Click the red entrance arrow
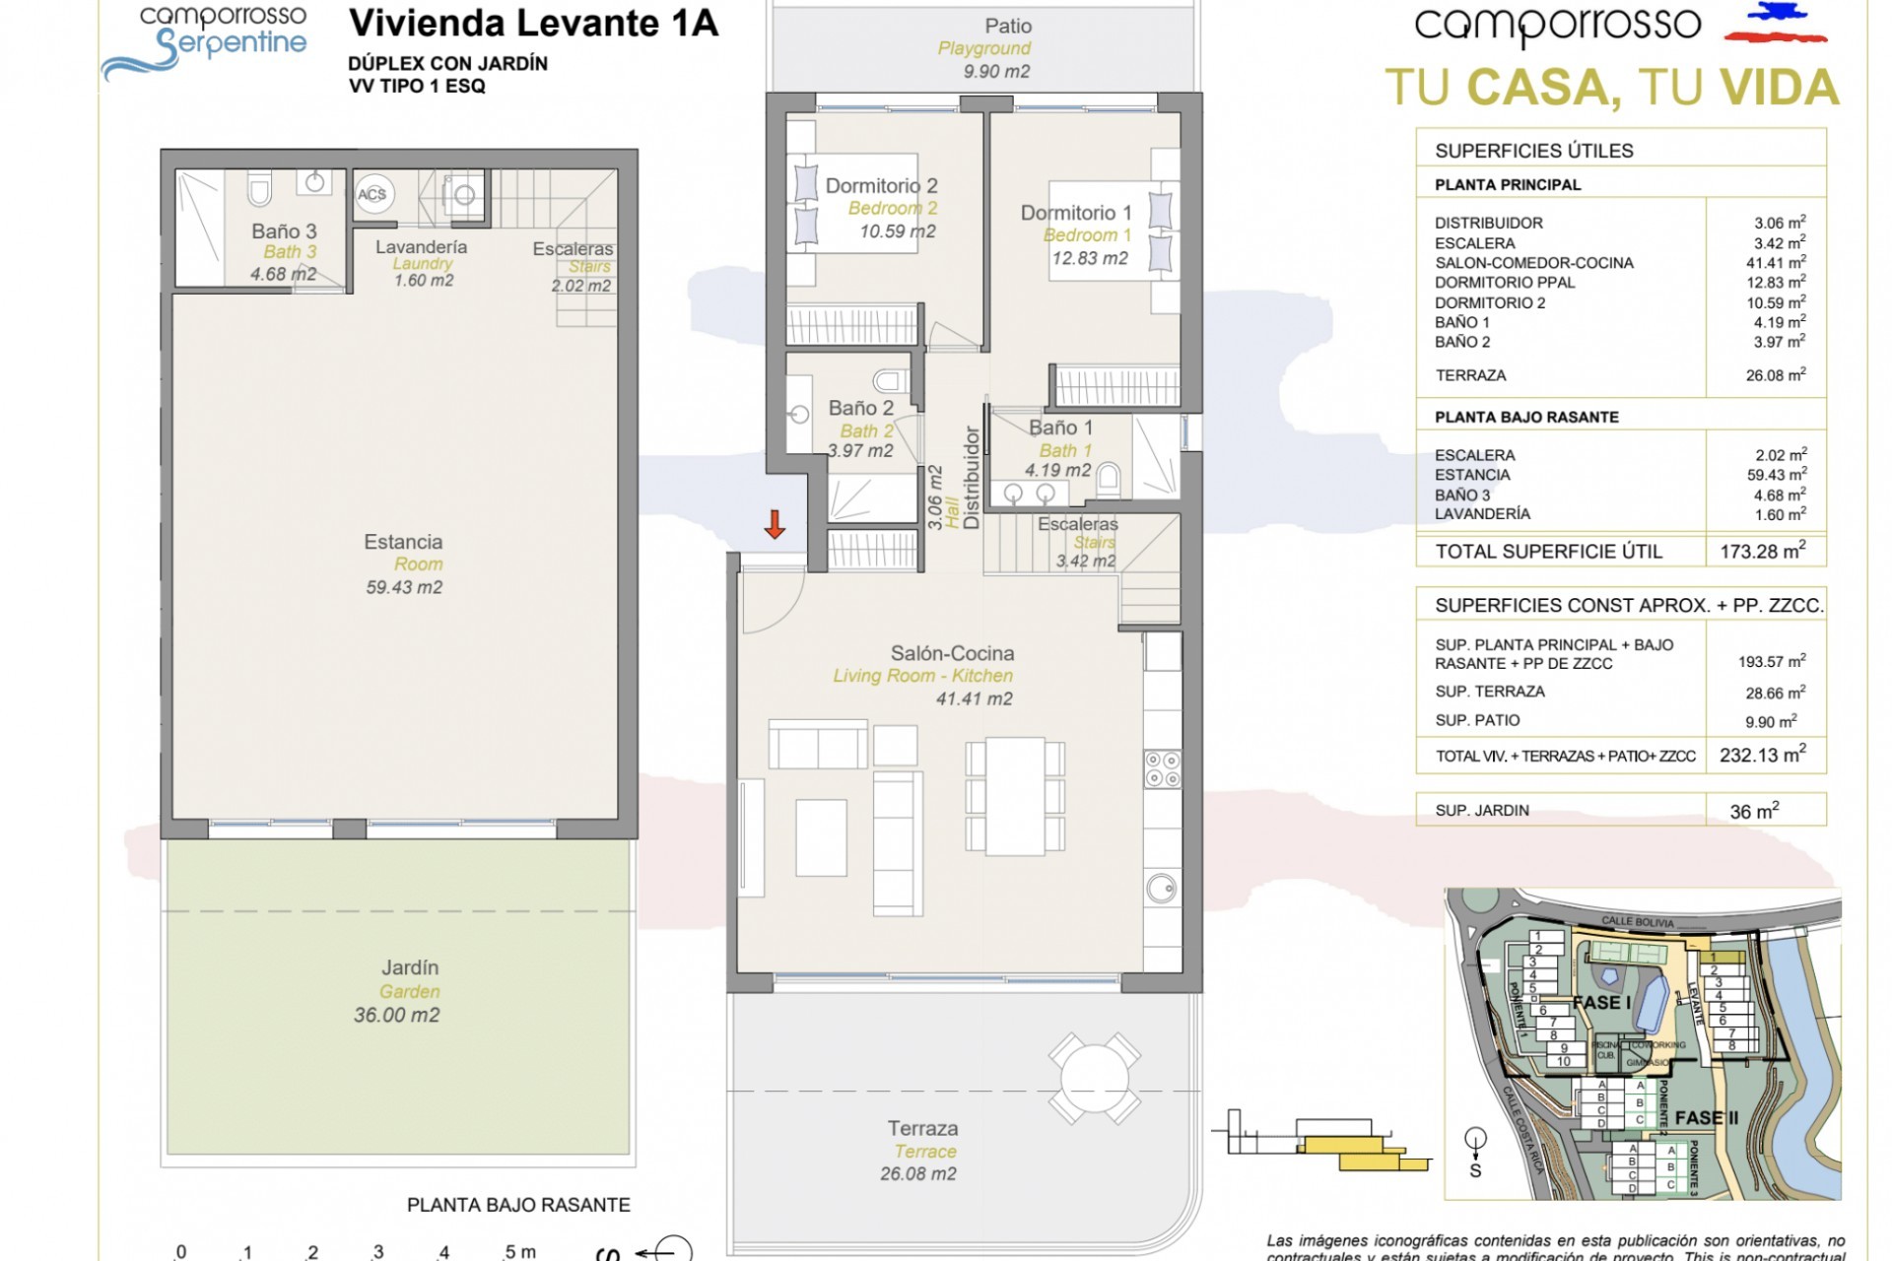[775, 524]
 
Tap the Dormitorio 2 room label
[881, 185]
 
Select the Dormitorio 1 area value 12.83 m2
[1089, 258]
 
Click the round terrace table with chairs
[1094, 1078]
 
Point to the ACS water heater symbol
[372, 194]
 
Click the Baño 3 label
[284, 231]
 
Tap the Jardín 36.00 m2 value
[397, 1015]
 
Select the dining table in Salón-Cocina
[1015, 796]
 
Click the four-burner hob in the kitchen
[1163, 769]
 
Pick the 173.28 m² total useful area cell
[1763, 552]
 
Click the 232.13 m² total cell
[1763, 756]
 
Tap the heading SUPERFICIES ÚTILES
[1533, 151]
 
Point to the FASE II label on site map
[1706, 1117]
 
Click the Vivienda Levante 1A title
[533, 23]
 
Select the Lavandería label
[421, 246]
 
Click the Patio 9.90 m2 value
[996, 71]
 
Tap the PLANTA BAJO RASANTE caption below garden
[518, 1205]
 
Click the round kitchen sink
[1161, 888]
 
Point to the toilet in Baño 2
[891, 380]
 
